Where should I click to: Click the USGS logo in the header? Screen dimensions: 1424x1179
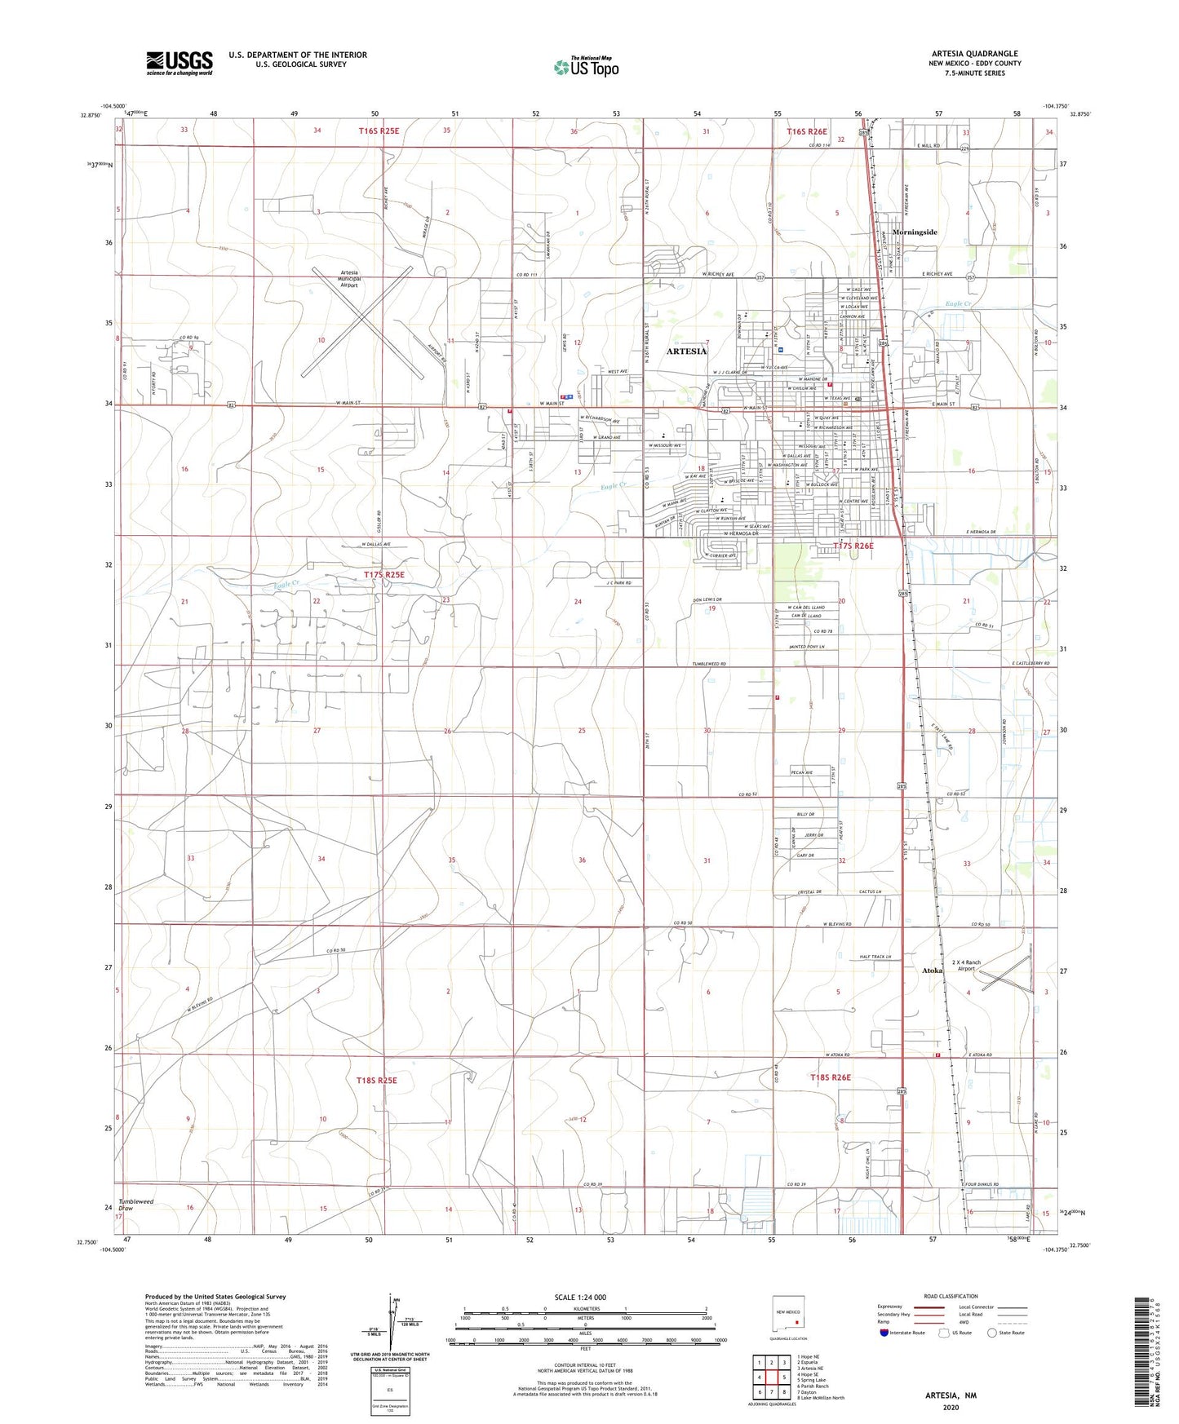[180, 63]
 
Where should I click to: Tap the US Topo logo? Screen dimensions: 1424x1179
[585, 67]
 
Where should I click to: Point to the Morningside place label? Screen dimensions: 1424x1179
[915, 232]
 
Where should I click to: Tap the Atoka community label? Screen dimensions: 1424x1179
[932, 971]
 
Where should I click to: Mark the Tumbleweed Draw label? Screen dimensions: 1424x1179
[135, 1205]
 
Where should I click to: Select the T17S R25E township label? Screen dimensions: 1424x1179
[383, 575]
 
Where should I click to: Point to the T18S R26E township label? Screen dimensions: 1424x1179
[831, 1077]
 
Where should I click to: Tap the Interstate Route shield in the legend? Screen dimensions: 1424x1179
[884, 1333]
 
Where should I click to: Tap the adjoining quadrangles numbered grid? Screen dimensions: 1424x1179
[771, 1378]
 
